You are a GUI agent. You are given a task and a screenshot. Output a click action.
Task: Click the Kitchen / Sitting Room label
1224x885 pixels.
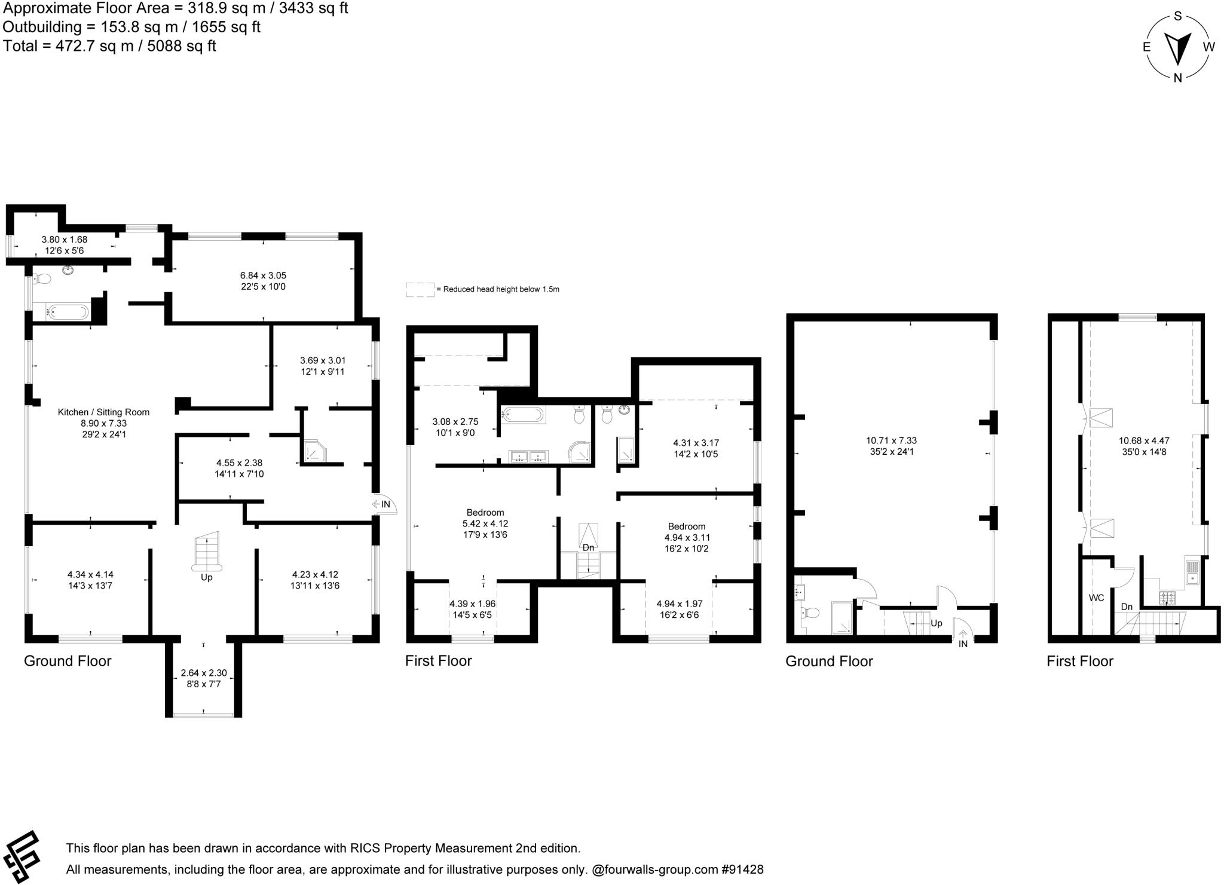tap(103, 412)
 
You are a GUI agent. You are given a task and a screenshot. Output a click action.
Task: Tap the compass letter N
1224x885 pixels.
tap(1177, 78)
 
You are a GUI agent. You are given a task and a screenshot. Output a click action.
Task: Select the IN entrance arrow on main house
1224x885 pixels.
tap(381, 504)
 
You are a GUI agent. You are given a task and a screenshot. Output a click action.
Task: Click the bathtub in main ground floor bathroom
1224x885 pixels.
tap(68, 311)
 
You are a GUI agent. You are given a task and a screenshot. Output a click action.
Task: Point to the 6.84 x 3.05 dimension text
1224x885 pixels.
tap(263, 275)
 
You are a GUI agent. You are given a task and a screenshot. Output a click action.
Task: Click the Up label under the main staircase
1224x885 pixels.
tap(206, 577)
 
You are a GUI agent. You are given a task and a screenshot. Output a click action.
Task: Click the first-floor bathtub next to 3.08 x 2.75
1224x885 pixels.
tap(523, 414)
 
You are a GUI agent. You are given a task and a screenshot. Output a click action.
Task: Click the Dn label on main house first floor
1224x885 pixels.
tap(588, 547)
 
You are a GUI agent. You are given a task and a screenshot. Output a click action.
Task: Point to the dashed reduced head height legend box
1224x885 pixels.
tap(420, 289)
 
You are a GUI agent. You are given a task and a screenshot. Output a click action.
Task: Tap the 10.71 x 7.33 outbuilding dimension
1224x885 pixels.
tap(891, 440)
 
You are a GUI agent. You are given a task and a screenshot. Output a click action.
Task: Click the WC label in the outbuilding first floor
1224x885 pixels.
tap(1096, 598)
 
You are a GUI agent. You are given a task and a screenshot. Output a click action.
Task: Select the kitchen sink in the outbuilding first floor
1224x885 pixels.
tap(1192, 572)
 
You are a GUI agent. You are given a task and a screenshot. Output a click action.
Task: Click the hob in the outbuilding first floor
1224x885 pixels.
tap(1167, 597)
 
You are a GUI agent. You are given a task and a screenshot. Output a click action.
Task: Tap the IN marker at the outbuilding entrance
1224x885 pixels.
tap(963, 644)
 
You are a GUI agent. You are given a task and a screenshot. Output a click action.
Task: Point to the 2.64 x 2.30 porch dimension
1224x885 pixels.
tap(203, 673)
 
